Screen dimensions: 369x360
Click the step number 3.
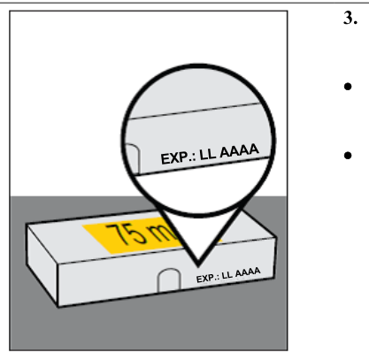pyautogui.click(x=350, y=19)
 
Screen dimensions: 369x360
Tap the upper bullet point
pyautogui.click(x=348, y=87)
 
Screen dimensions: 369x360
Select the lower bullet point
pyautogui.click(x=348, y=155)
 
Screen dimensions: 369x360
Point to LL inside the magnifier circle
pyautogui.click(x=208, y=154)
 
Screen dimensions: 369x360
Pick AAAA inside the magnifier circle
pyautogui.click(x=239, y=150)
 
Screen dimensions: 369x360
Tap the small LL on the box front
pyautogui.click(x=227, y=275)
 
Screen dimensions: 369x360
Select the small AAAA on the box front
pyautogui.click(x=248, y=272)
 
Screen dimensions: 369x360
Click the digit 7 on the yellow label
pyautogui.click(x=118, y=234)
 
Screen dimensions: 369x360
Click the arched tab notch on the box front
pyautogui.click(x=169, y=280)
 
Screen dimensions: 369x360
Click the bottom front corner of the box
pyautogui.click(x=58, y=307)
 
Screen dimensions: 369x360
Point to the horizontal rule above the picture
pyautogui.click(x=184, y=3)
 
